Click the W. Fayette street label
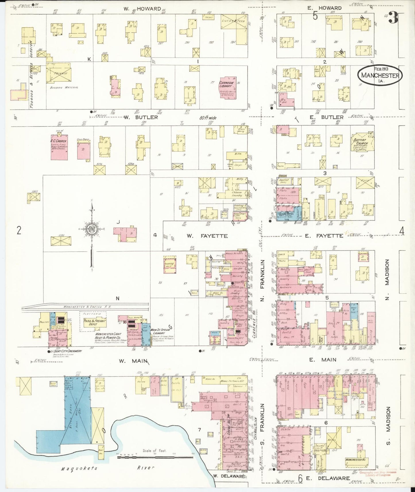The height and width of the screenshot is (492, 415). [x=207, y=236]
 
